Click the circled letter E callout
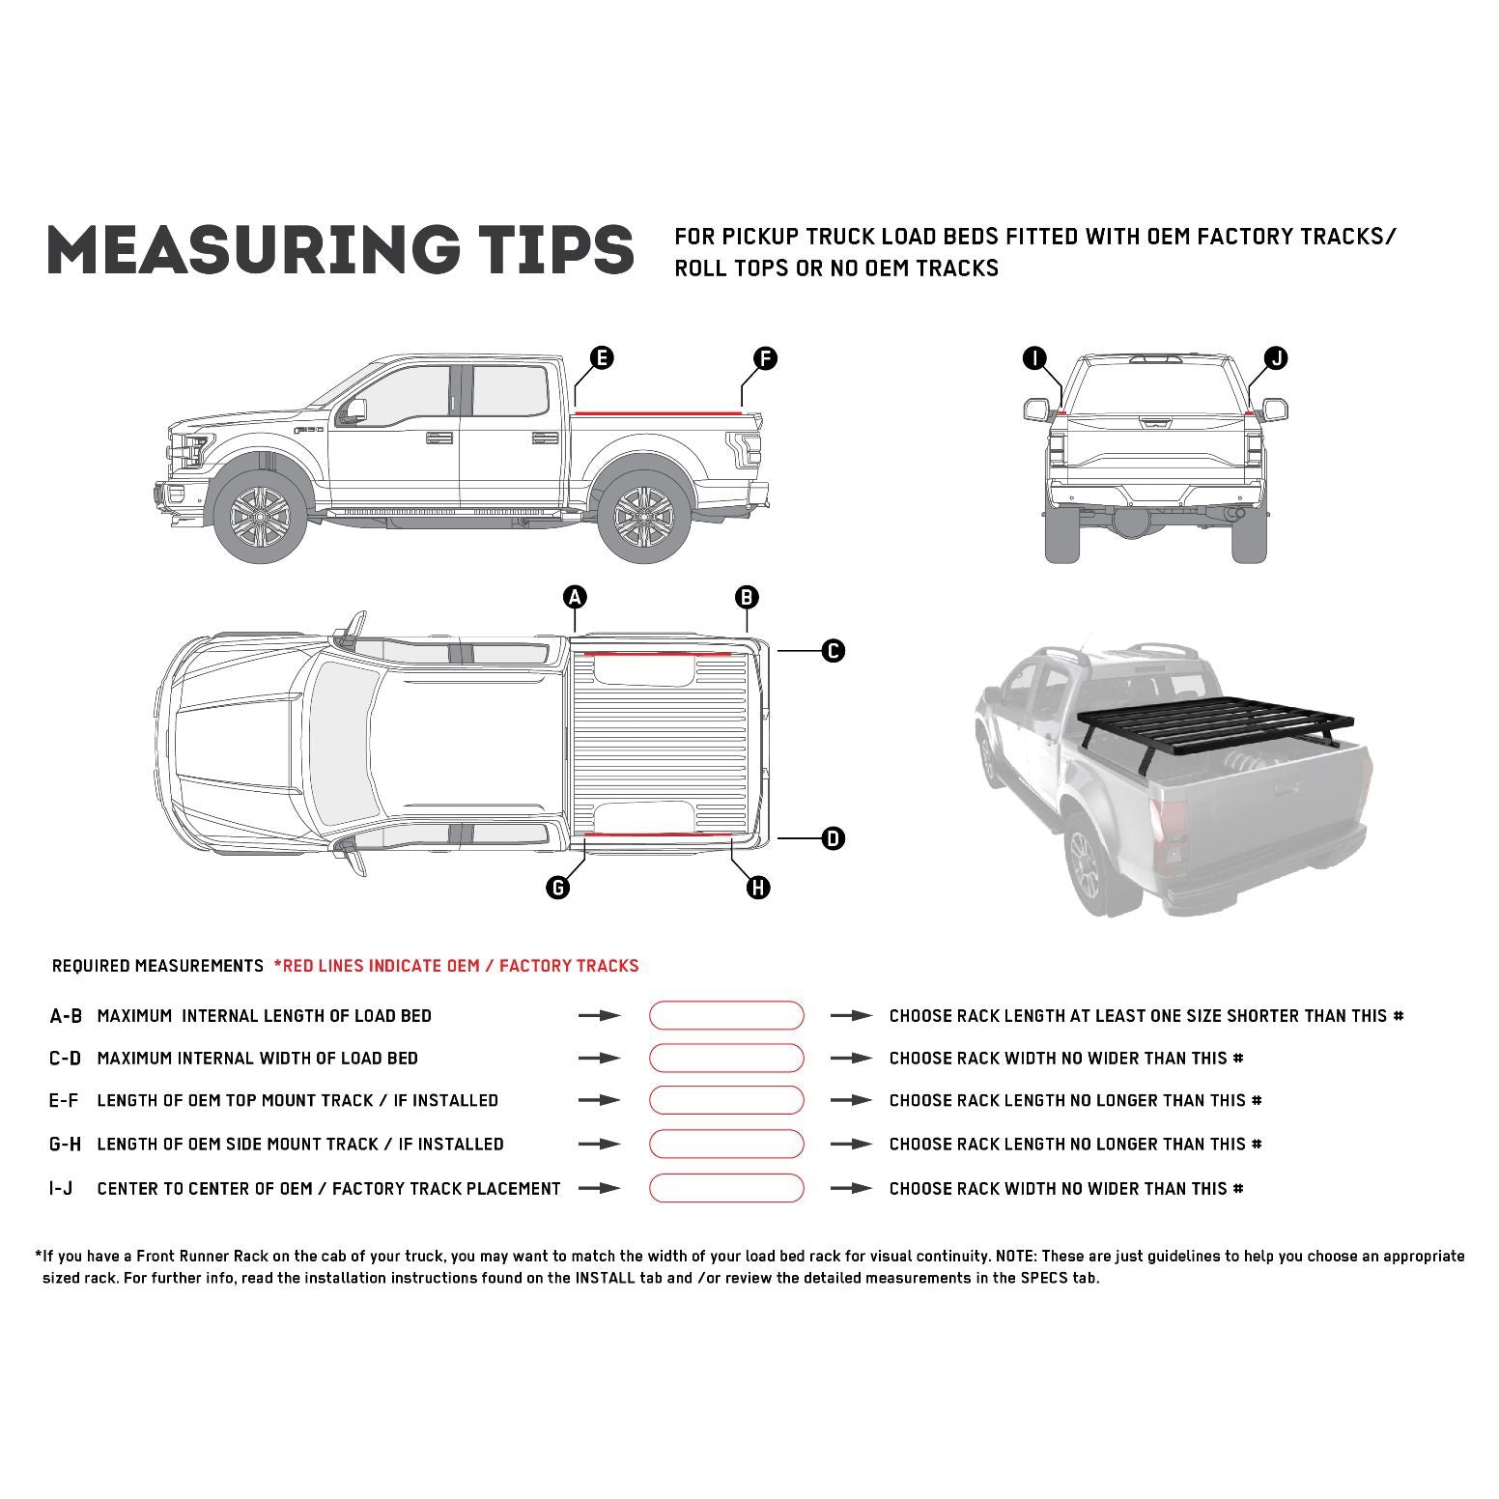601,358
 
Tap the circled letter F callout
764,358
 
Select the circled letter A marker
575,597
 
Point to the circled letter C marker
833,651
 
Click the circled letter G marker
557,887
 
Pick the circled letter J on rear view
1276,358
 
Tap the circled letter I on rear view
1034,358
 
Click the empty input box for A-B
725,1015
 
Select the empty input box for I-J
725,1188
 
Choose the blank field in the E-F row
725,1100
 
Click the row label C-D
66,1059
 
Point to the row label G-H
66,1145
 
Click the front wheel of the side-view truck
260,513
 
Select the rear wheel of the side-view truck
644,513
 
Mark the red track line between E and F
657,412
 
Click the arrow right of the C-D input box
851,1059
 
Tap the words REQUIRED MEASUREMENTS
157,966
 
